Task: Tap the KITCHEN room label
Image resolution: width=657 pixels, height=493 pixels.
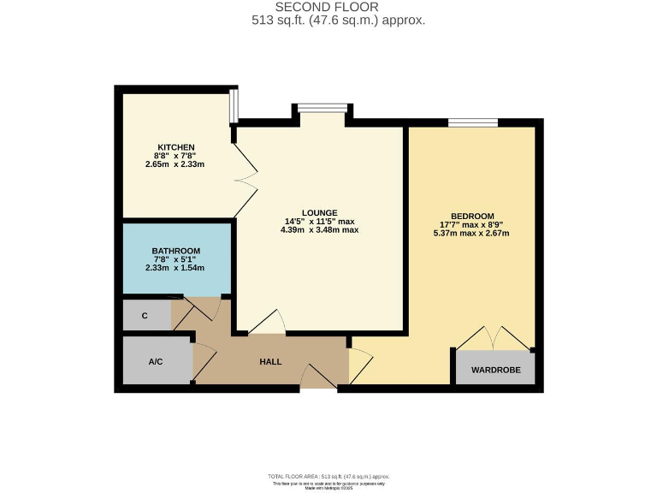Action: coord(175,146)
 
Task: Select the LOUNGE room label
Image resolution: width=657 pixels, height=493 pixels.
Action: coord(319,212)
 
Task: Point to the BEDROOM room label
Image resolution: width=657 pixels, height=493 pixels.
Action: coord(473,216)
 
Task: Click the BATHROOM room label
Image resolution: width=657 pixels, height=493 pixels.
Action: coord(175,251)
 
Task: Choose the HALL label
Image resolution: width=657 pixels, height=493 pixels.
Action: coord(270,362)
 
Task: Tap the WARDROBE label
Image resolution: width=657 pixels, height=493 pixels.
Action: coord(494,370)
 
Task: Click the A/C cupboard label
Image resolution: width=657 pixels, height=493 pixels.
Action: coord(156,362)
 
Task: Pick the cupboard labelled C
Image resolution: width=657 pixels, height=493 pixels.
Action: coord(145,316)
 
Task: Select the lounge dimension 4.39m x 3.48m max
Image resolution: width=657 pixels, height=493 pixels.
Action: coord(319,230)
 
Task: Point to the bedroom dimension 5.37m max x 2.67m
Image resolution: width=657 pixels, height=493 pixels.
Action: coord(473,233)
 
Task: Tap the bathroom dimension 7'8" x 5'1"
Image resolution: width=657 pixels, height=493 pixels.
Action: coord(175,259)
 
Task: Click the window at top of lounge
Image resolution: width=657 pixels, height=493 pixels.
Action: coord(323,107)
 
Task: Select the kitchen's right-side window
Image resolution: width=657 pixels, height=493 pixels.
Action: coord(234,106)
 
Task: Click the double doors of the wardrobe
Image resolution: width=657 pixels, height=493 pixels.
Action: coord(494,338)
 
